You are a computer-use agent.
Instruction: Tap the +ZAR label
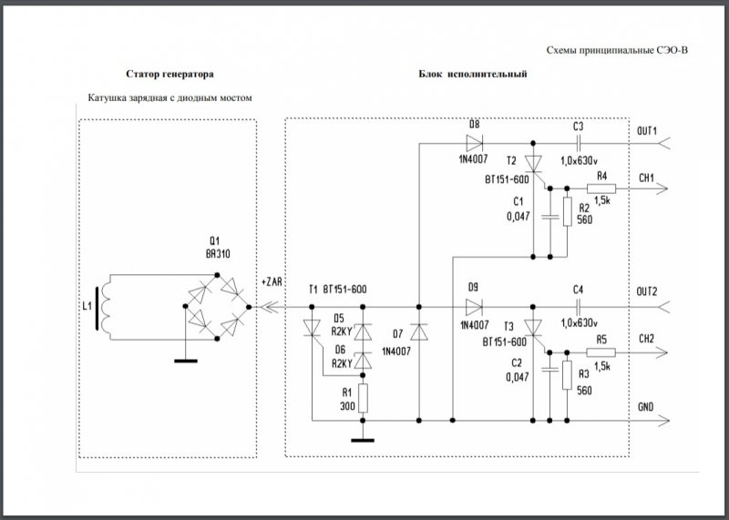tap(272, 282)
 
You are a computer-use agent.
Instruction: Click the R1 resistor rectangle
tap(363, 397)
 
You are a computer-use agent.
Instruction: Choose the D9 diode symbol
tap(474, 305)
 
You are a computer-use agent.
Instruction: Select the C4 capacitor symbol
tap(578, 305)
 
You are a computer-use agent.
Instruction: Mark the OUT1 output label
tap(648, 131)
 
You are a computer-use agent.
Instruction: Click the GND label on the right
tap(647, 406)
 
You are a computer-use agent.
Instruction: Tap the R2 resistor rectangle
tap(567, 211)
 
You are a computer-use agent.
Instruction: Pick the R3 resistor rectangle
tap(567, 374)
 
